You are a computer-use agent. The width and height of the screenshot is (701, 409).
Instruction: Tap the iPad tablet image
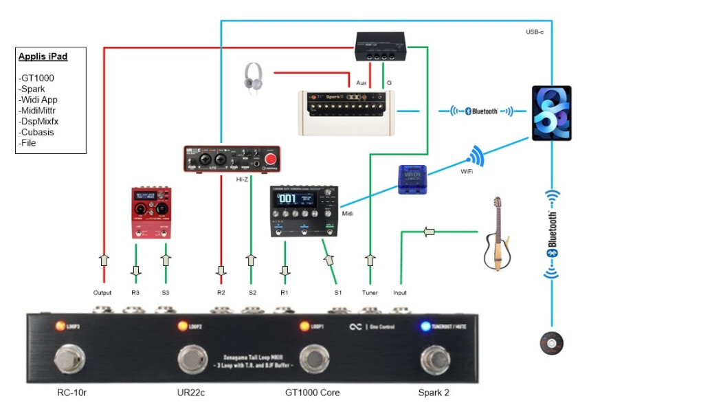click(x=551, y=113)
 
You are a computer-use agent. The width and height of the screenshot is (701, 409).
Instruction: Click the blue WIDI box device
click(x=414, y=181)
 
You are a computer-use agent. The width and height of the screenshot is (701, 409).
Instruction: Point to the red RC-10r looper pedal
click(x=151, y=212)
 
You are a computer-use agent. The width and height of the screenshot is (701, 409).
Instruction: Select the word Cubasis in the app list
click(x=38, y=132)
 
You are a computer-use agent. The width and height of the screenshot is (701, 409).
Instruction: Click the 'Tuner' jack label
click(x=370, y=293)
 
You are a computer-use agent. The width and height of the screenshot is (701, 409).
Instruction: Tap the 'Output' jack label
click(x=102, y=293)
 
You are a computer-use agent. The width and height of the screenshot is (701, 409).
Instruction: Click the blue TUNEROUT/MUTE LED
click(x=425, y=327)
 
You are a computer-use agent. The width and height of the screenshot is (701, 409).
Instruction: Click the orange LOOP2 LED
click(x=183, y=326)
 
